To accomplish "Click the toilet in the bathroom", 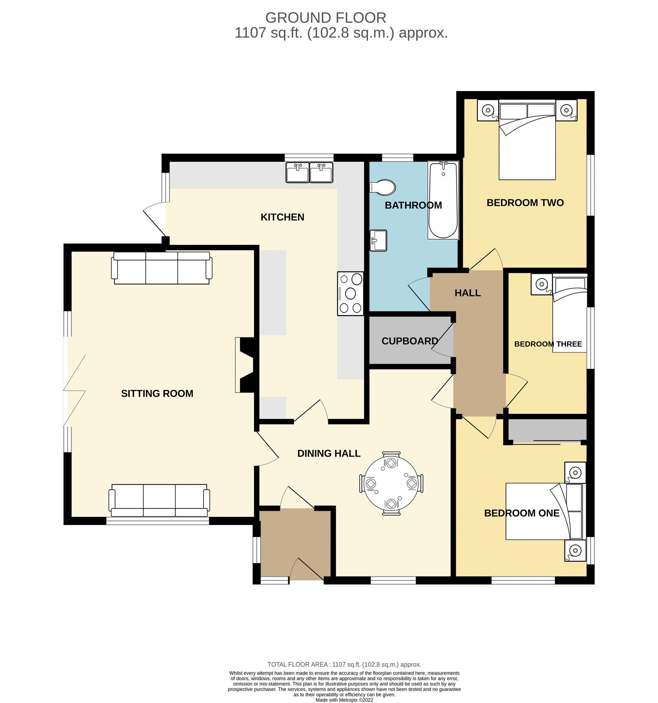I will click(x=383, y=187).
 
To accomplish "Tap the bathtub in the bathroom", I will click(x=443, y=200).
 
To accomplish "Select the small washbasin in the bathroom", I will click(x=378, y=240).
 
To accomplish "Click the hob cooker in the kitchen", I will click(x=350, y=293).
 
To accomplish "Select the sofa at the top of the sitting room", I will click(x=162, y=268).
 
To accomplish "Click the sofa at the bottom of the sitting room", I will click(x=159, y=500).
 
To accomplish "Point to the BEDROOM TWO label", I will click(x=525, y=203).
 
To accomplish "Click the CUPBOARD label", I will click(x=410, y=341).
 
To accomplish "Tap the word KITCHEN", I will click(x=282, y=217).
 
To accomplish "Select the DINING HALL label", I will click(x=328, y=453).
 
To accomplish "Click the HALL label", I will click(x=467, y=293).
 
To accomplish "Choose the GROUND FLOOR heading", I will click(x=325, y=18).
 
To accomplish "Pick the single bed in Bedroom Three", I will click(x=569, y=316).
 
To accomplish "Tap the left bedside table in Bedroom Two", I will click(x=488, y=110).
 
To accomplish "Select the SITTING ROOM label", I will click(x=157, y=393).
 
